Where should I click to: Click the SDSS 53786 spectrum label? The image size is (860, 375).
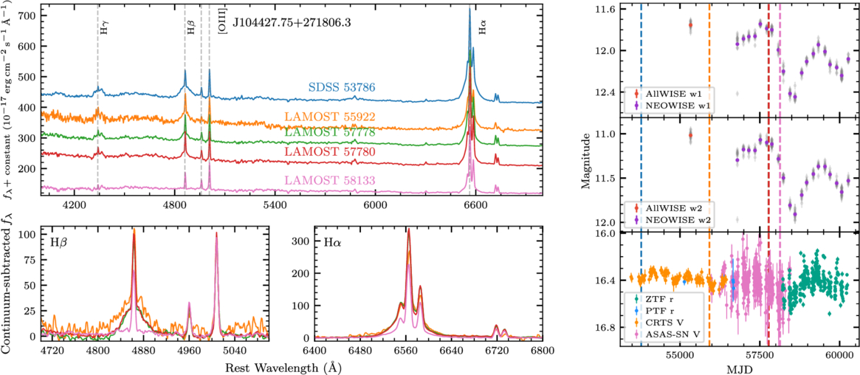pyautogui.click(x=342, y=88)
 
